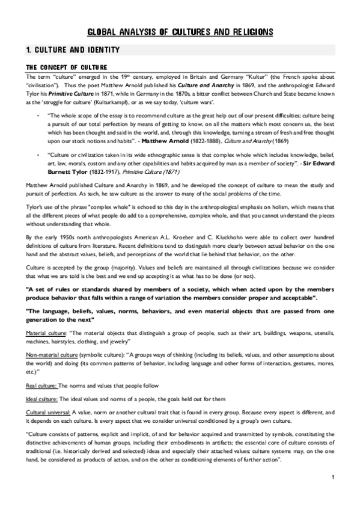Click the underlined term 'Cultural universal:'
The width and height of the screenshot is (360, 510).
(48, 412)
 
